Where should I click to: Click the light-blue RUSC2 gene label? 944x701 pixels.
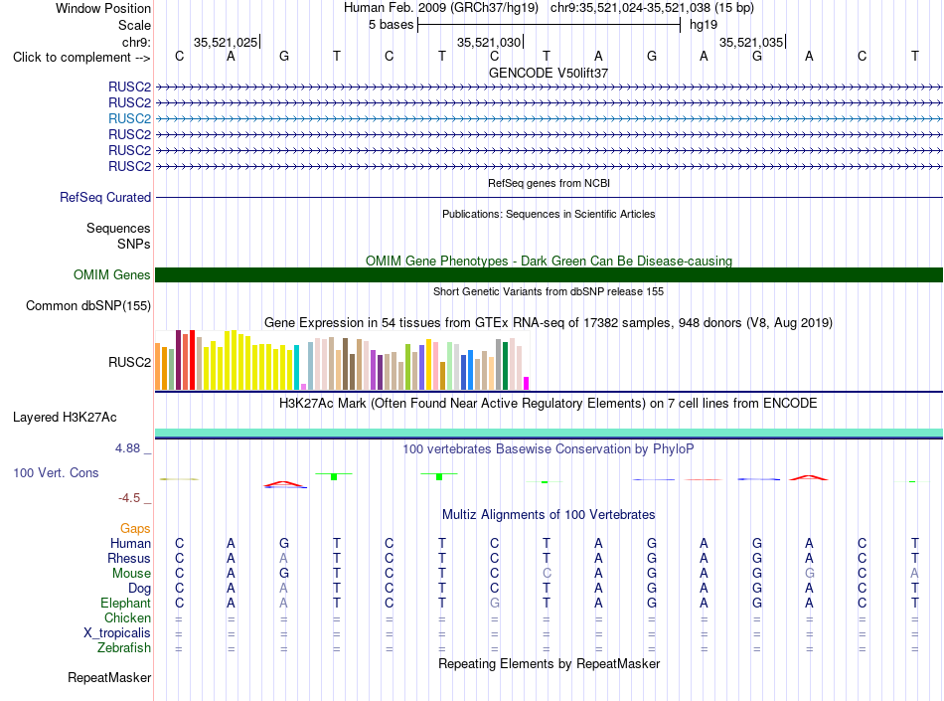(129, 118)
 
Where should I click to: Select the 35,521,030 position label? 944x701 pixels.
(488, 42)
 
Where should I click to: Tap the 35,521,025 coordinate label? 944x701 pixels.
(226, 42)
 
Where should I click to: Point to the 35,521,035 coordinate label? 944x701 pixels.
(751, 42)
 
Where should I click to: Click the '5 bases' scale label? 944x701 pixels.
(392, 25)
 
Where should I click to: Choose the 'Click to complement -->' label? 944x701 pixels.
(81, 58)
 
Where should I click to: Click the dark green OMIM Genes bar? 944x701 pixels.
(549, 274)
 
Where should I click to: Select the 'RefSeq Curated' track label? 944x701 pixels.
(105, 198)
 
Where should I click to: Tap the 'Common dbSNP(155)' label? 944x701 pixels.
(88, 306)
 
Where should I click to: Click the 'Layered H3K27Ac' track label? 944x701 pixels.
(65, 418)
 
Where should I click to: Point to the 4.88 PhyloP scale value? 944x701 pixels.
(127, 448)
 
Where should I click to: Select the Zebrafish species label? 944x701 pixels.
(124, 648)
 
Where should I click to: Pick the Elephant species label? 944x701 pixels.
(126, 603)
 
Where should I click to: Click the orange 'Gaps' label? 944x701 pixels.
(135, 528)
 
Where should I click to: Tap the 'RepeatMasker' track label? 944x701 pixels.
(109, 677)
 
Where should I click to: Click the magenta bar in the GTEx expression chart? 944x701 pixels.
(527, 384)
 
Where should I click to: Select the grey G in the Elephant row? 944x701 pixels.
(494, 603)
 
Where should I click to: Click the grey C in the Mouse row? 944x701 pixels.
(547, 574)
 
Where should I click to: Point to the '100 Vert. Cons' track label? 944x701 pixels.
(56, 472)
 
